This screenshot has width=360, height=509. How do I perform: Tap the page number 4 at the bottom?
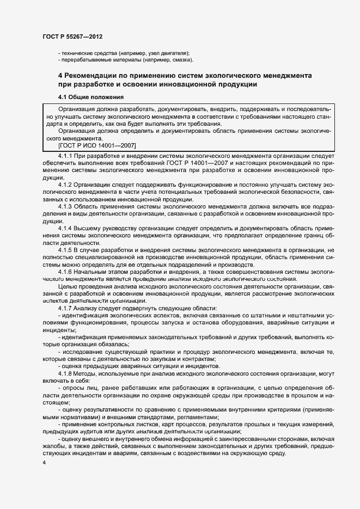44,462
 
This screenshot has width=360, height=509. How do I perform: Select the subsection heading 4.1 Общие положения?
91,97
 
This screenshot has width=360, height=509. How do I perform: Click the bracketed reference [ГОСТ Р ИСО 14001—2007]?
97,145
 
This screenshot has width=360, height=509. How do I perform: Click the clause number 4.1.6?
65,271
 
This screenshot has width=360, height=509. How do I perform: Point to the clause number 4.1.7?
65,308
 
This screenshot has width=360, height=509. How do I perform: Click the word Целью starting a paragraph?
68,286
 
